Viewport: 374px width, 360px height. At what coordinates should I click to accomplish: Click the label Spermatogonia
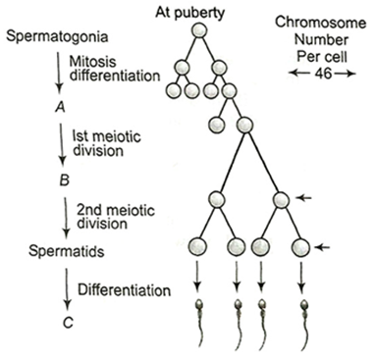tap(57, 36)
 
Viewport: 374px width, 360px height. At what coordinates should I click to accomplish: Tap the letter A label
tap(60, 107)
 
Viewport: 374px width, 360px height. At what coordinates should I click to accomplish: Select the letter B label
tap(65, 180)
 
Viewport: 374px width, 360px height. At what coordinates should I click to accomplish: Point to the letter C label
tap(68, 323)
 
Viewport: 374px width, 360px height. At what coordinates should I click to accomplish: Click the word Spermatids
tap(66, 251)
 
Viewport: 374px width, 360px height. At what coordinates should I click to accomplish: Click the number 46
tap(323, 74)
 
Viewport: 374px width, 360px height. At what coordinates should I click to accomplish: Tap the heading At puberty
tap(189, 13)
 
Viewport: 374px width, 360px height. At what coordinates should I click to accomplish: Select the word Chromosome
tap(320, 23)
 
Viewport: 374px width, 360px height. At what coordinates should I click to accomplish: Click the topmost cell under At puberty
tap(199, 30)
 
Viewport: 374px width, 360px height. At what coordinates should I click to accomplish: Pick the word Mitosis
tap(92, 62)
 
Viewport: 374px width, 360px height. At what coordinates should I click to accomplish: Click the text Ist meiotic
tap(106, 136)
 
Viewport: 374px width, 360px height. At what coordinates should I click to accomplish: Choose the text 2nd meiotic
tap(116, 210)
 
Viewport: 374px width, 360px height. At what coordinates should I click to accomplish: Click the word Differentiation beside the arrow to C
tap(124, 290)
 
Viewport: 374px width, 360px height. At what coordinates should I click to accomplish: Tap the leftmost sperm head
tap(199, 305)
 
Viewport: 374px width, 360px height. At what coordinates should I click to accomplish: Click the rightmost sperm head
tap(304, 305)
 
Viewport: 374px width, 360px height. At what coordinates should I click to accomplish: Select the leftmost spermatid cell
tap(197, 246)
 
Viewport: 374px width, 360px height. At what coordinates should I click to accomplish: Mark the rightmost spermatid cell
tap(300, 247)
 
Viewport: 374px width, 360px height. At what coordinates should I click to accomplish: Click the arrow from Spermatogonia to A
tap(59, 73)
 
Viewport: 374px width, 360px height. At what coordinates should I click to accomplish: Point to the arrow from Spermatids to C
tap(68, 288)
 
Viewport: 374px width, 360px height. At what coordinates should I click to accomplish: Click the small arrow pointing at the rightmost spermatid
tap(322, 247)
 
